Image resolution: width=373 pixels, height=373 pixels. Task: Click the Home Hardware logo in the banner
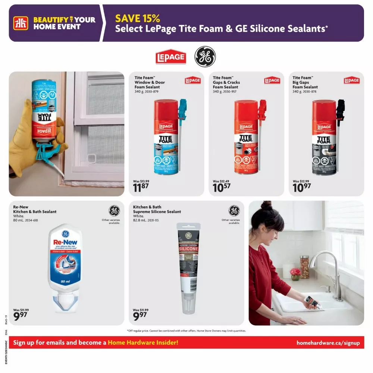pos(21,23)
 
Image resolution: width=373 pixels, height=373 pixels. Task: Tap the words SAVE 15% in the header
pos(137,18)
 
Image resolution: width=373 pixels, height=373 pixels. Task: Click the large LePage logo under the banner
pos(170,57)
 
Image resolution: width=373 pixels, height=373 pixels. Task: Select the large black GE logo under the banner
pos(205,57)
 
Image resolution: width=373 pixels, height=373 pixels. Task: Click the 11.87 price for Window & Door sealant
pos(141,187)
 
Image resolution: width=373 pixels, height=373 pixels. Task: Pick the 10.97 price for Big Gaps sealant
pos(301,187)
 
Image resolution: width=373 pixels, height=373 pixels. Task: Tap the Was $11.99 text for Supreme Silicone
pos(141,310)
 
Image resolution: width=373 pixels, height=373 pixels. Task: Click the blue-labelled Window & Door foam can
pos(166,137)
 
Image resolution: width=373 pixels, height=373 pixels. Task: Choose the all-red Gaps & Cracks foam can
pos(246,137)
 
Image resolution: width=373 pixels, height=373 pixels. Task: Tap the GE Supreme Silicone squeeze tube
pos(188,267)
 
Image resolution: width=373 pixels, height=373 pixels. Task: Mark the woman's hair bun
pos(266,205)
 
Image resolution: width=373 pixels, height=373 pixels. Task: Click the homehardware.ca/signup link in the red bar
pos(328,343)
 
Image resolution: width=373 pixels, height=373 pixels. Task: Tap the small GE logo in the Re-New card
pos(114,211)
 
